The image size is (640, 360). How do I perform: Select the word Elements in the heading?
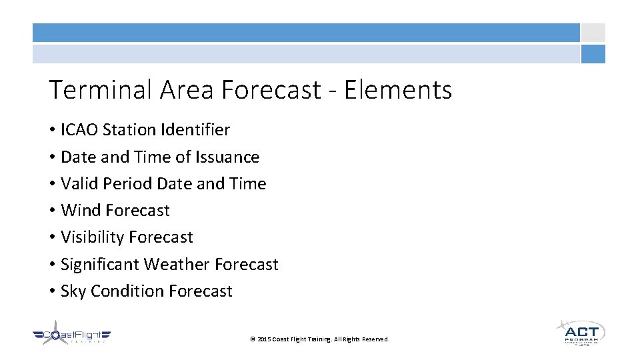(398, 89)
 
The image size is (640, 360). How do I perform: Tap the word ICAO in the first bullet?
(79, 130)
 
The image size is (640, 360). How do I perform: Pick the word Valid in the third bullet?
(78, 184)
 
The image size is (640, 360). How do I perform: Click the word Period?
(126, 184)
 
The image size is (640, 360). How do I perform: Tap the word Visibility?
(92, 237)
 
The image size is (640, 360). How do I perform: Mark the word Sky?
(73, 291)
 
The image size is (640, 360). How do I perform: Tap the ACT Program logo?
(580, 331)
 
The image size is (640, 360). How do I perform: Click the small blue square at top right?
(593, 54)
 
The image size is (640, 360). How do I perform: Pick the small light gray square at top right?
(593, 33)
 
